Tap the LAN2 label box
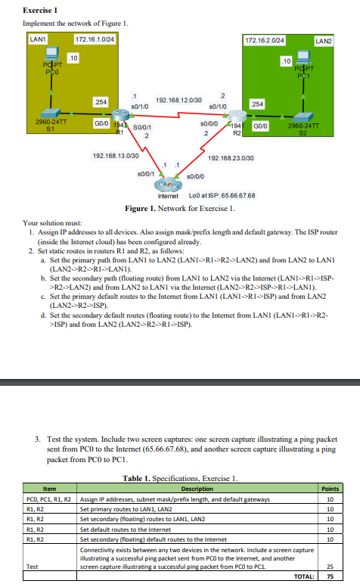click(323, 40)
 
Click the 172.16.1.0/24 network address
click(95, 39)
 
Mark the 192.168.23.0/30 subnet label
click(228, 158)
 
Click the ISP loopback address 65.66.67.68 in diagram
click(219, 196)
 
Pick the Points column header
click(331, 489)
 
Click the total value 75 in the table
click(331, 576)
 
